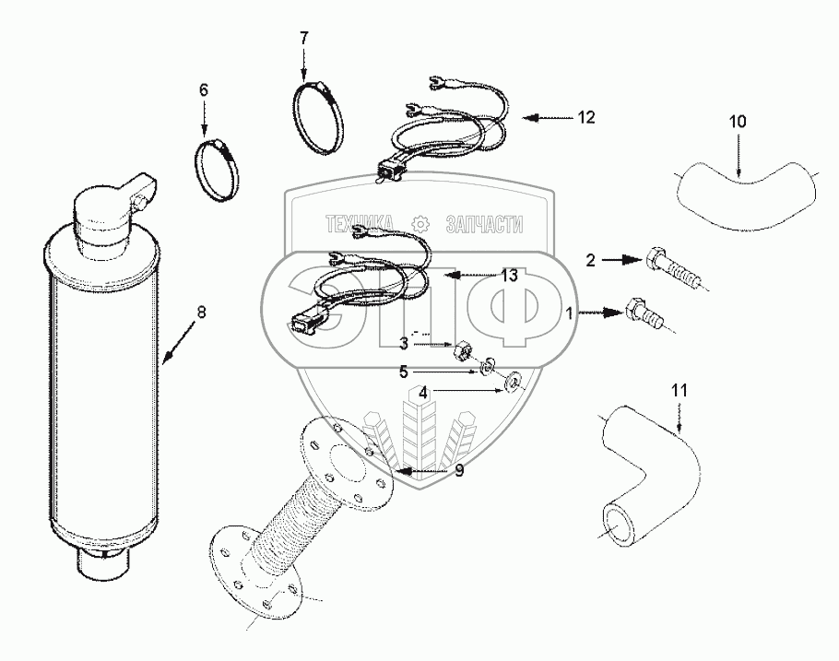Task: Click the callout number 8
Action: coord(202,311)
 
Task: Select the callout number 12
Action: coord(586,117)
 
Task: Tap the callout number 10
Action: coord(739,121)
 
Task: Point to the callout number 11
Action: coord(679,390)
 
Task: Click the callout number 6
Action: coord(204,89)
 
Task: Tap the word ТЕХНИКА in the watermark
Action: coord(359,224)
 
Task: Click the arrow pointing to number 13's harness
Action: coord(467,275)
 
